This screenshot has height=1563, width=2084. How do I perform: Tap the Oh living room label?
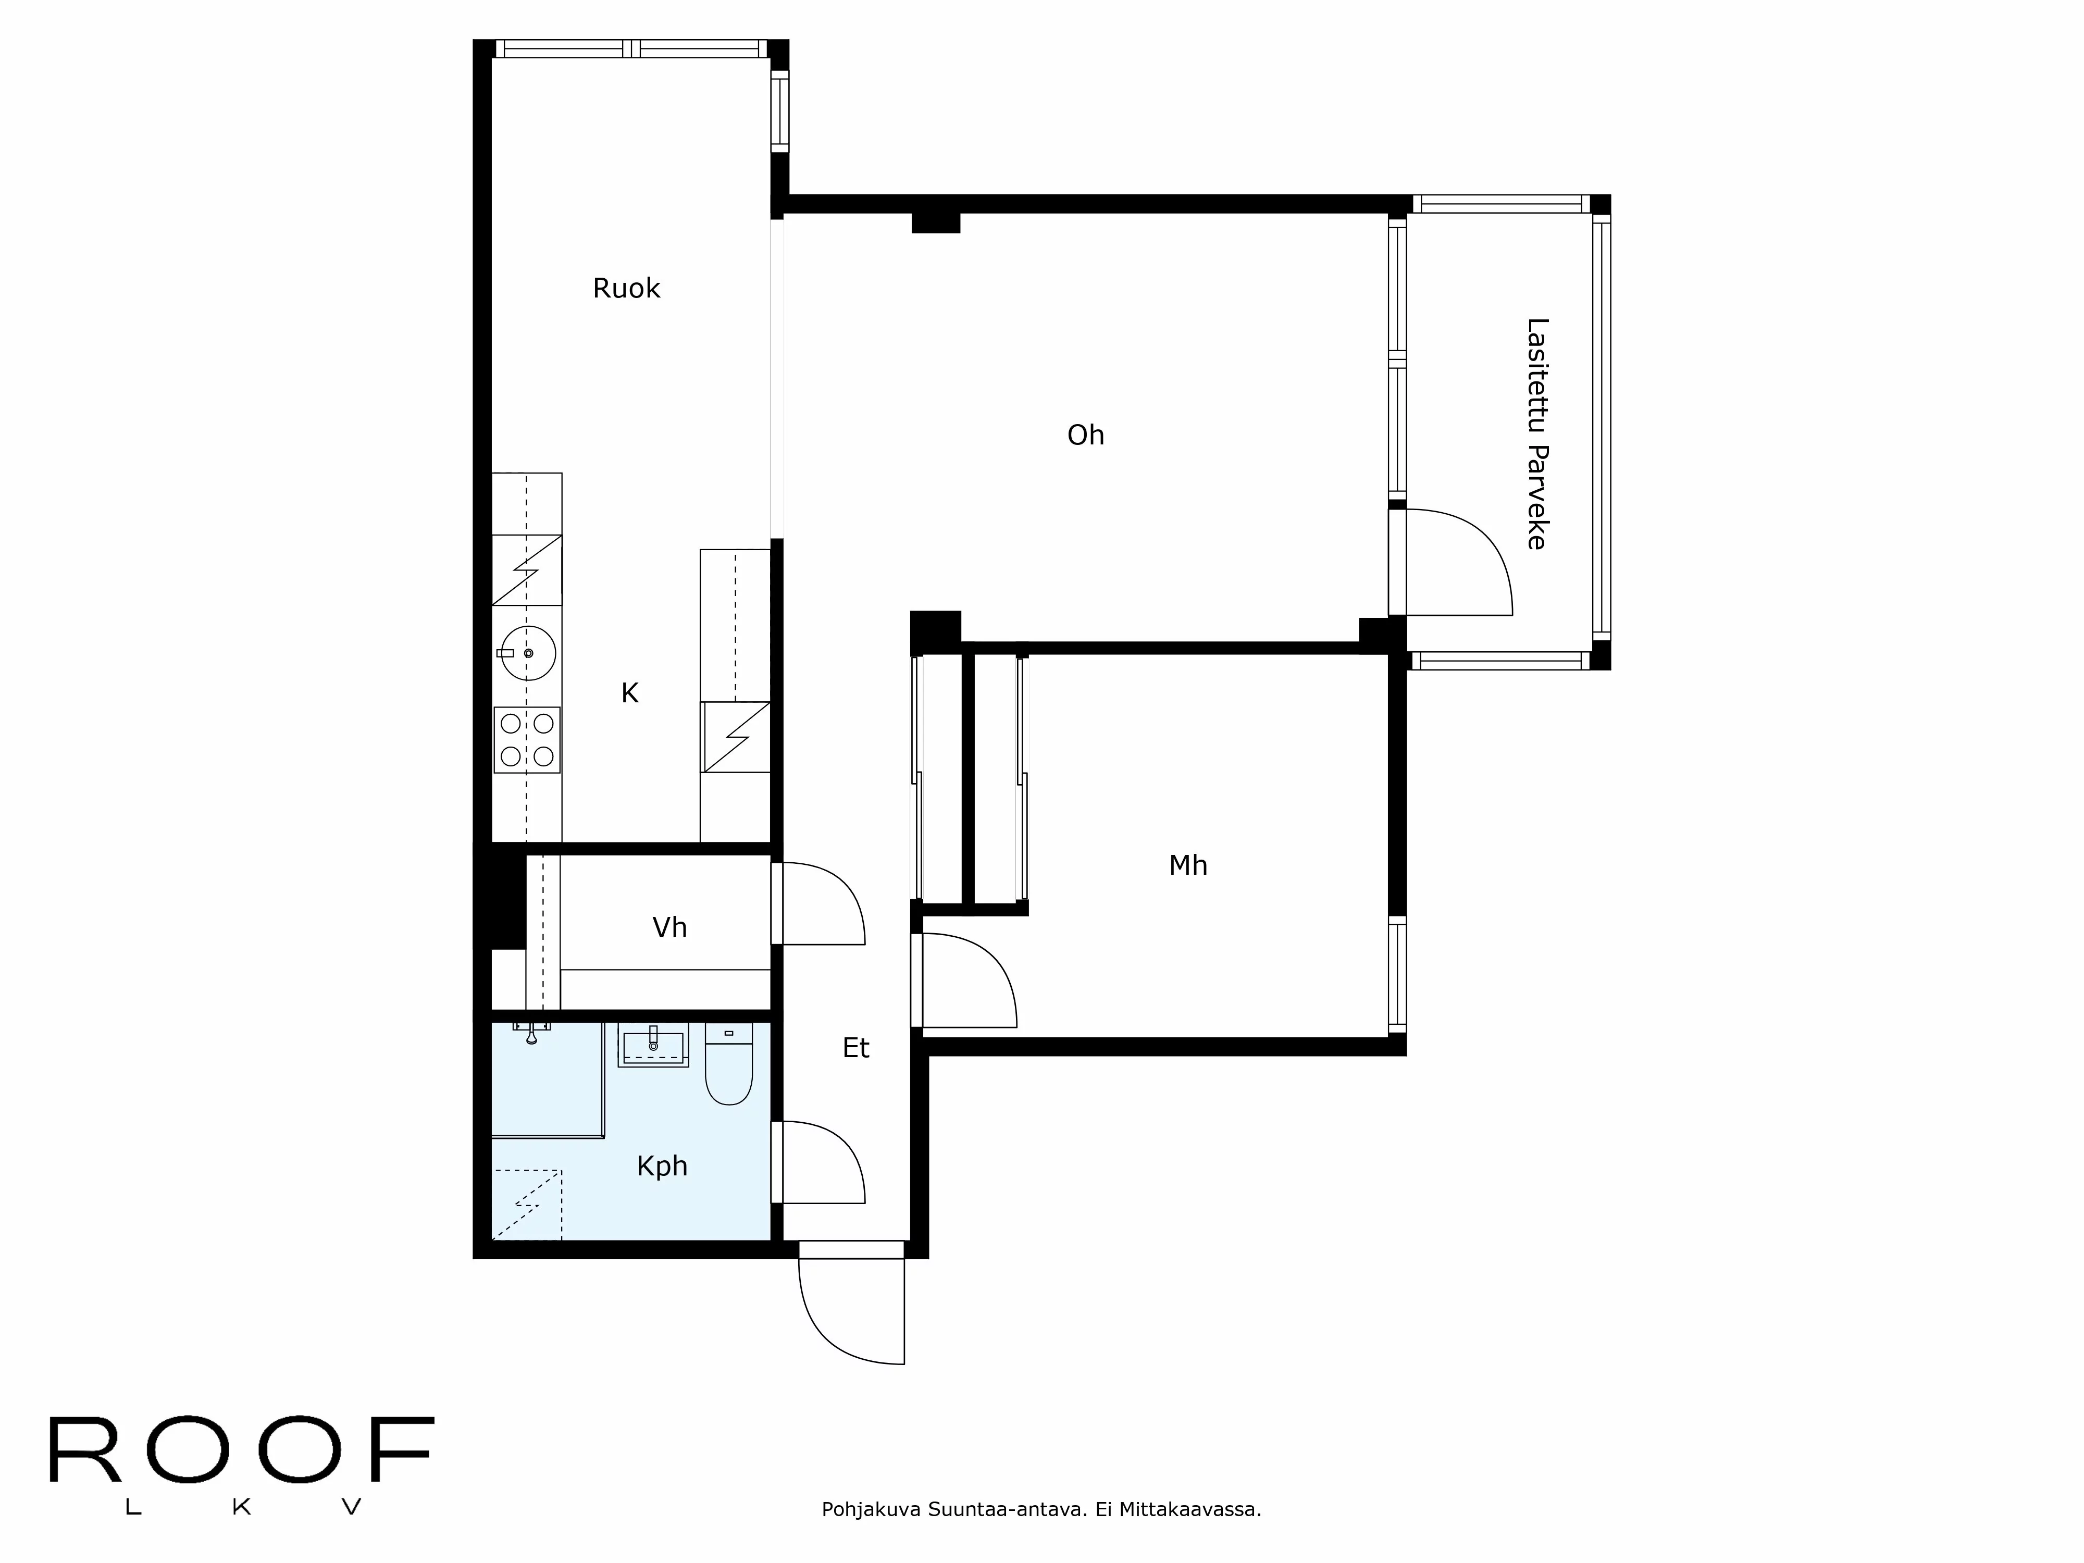[1085, 435]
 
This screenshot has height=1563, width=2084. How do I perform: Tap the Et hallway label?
[855, 1048]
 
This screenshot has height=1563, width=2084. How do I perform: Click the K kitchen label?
[629, 693]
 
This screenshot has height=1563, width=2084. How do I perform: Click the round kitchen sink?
[528, 653]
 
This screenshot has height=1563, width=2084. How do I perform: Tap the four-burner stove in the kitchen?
[527, 740]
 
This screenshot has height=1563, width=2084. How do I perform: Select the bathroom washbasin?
[653, 1046]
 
